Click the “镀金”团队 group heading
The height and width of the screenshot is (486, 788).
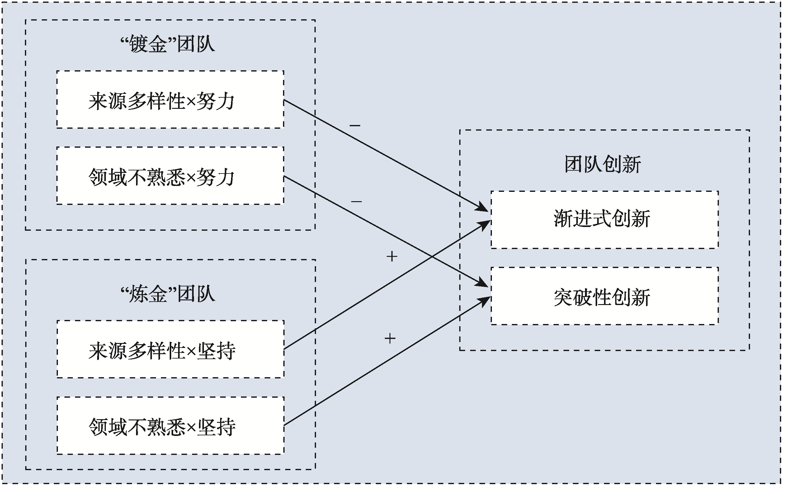point(168,44)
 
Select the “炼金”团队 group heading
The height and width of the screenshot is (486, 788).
point(168,294)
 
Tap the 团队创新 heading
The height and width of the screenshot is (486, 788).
point(603,164)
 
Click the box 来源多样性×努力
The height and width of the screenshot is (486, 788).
point(170,100)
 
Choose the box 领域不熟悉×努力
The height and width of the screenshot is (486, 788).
point(170,176)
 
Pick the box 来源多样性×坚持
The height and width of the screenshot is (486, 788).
point(171,349)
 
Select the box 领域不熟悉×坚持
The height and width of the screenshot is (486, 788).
point(171,426)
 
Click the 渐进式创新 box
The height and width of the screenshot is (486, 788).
point(604,220)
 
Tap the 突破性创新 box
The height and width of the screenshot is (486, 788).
point(604,296)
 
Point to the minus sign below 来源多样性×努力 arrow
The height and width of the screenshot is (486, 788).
point(355,125)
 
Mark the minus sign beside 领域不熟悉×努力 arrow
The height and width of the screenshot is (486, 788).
point(356,201)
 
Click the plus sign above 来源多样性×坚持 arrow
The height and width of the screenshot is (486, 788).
point(392,257)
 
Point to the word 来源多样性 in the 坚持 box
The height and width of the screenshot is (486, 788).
point(137,351)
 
